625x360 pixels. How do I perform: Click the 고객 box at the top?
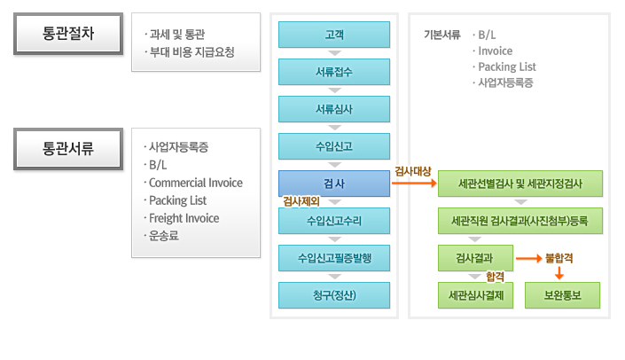click(x=334, y=35)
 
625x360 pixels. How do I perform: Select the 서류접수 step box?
click(x=334, y=72)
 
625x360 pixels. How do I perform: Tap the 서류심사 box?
click(x=334, y=109)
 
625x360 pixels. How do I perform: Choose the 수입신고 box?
click(x=334, y=146)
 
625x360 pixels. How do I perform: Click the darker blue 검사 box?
click(x=334, y=184)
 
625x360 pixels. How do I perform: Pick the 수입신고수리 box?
click(x=334, y=220)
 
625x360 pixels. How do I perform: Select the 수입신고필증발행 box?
click(x=334, y=257)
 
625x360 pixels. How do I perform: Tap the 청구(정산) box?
click(x=334, y=294)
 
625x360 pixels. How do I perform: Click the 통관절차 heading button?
click(x=68, y=35)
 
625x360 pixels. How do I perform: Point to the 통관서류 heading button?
click(x=68, y=148)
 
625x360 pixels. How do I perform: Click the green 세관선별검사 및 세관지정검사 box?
click(x=520, y=184)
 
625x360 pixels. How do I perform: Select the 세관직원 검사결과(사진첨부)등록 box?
click(x=520, y=220)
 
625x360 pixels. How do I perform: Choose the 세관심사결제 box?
click(x=476, y=294)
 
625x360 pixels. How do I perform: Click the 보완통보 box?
click(x=562, y=294)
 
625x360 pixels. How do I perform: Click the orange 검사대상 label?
click(x=412, y=169)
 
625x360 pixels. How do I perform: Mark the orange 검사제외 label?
click(x=301, y=201)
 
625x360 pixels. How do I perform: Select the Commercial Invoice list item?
click(x=196, y=183)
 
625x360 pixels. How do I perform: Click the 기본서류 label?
click(x=441, y=35)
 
